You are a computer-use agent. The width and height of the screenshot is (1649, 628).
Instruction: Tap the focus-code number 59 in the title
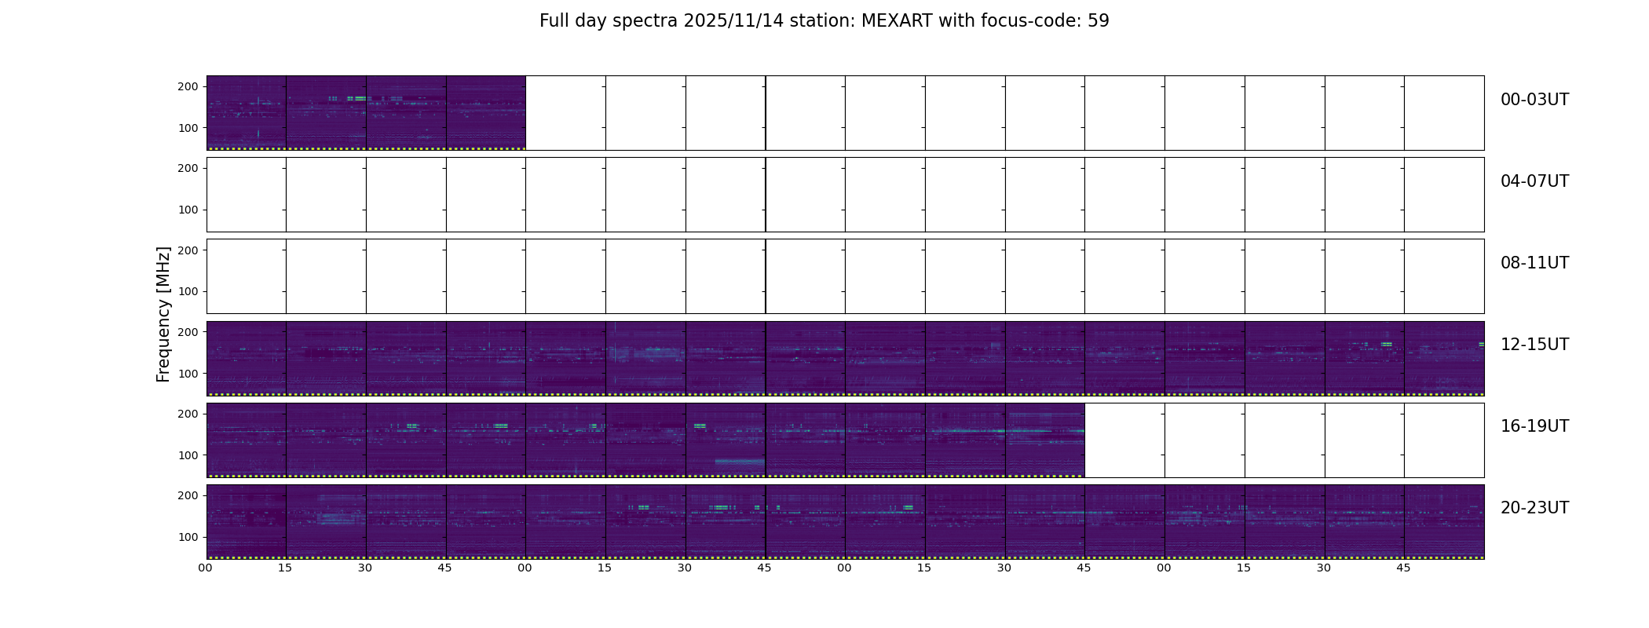point(1099,21)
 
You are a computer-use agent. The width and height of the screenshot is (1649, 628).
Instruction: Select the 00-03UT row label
point(1534,100)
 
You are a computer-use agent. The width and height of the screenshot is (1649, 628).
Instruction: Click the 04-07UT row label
point(1534,181)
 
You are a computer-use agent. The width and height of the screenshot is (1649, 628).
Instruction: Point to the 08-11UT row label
point(1534,263)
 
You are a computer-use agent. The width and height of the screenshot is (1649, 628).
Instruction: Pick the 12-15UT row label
point(1534,345)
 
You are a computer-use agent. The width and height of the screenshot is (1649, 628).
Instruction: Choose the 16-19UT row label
point(1534,426)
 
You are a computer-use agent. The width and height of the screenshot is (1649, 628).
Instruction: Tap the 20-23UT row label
point(1534,508)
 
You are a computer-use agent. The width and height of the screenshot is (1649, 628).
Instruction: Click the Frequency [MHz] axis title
point(163,314)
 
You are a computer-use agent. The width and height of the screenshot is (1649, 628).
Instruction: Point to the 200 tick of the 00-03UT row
point(188,87)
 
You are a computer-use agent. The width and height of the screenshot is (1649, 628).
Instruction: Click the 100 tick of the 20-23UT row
point(188,537)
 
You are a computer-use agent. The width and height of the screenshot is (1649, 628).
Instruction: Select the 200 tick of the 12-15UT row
point(188,332)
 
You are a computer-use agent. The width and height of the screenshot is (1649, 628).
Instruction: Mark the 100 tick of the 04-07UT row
point(188,210)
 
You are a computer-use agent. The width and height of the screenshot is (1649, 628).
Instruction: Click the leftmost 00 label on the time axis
point(206,568)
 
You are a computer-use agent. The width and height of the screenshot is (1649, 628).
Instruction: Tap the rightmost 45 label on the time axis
point(1403,568)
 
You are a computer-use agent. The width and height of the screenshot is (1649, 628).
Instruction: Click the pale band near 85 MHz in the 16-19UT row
point(740,462)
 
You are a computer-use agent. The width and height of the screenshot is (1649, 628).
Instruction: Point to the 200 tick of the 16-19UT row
point(188,414)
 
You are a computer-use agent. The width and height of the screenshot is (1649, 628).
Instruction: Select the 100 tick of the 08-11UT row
point(188,291)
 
